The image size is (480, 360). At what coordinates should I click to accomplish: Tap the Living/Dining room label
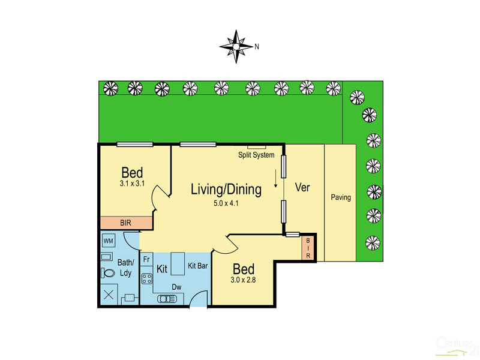(x=226, y=190)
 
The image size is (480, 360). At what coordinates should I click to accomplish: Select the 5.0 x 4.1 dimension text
(x=226, y=203)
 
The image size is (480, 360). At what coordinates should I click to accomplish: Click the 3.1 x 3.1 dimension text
(x=132, y=184)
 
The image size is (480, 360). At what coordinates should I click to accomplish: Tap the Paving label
(x=340, y=197)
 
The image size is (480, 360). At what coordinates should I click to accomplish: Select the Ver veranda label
(x=303, y=187)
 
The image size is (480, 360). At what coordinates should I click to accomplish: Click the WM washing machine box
(x=109, y=241)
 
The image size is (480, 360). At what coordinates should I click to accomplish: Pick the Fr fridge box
(x=146, y=259)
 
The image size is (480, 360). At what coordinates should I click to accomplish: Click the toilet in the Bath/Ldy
(x=109, y=274)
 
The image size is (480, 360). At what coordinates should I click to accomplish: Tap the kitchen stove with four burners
(x=146, y=278)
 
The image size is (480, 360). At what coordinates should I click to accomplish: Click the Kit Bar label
(x=198, y=265)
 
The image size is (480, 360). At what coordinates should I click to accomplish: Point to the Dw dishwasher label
(x=176, y=287)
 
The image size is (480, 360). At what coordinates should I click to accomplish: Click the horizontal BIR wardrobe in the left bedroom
(x=126, y=223)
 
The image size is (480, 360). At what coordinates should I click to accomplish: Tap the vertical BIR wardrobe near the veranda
(x=308, y=247)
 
